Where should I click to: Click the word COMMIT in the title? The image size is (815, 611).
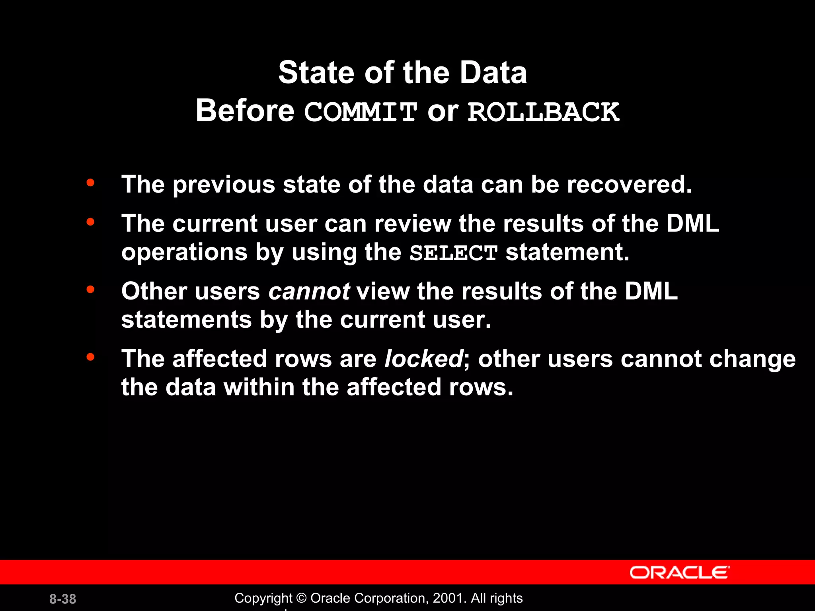361,112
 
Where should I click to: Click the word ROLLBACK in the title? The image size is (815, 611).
543,112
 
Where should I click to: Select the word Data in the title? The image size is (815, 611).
493,73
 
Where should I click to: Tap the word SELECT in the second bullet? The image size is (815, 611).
454,253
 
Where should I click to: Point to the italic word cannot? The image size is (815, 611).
309,291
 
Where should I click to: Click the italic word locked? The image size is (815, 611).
424,359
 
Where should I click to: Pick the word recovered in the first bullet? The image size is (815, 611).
629,185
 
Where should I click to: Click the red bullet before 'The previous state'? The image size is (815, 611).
90,183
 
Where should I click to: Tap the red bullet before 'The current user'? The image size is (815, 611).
90,222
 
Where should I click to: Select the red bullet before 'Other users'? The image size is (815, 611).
90,290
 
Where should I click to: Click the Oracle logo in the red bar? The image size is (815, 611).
679,572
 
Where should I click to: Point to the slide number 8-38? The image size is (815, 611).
63,599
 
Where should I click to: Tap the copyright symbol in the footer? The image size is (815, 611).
302,598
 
